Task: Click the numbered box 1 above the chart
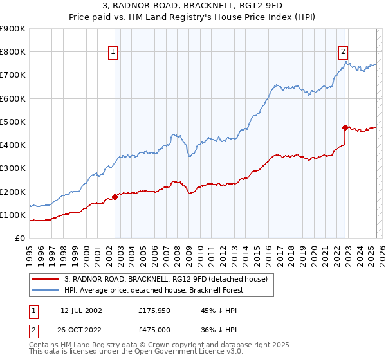[x=113, y=53]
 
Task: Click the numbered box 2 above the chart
[x=343, y=53]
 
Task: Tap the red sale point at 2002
[x=115, y=197]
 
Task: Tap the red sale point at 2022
[x=345, y=127]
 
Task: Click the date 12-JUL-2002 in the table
[x=81, y=310]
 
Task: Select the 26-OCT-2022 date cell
[x=82, y=330]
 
